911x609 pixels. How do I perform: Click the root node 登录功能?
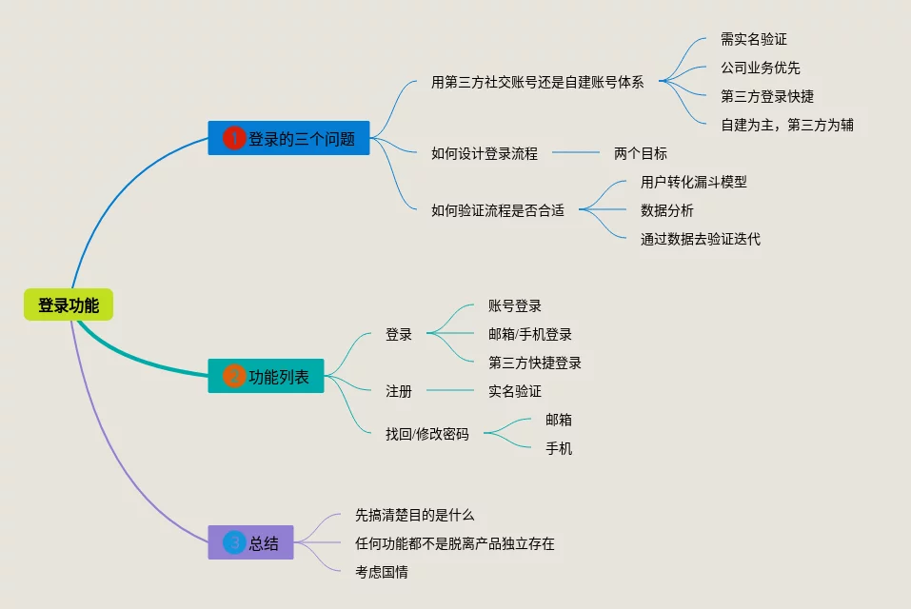pos(69,305)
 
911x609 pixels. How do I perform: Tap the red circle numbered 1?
pos(234,139)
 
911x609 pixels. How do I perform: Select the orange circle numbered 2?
pos(234,377)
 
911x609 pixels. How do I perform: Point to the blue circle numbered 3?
pos(234,543)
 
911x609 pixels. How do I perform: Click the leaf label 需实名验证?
pos(754,40)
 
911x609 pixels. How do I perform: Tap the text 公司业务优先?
pos(761,68)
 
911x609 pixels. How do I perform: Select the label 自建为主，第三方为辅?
pos(787,125)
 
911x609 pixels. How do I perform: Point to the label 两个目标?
pos(641,153)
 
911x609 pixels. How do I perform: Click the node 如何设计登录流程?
pos(485,153)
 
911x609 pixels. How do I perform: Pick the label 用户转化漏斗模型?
pos(694,182)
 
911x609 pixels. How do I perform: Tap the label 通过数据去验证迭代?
pos(701,239)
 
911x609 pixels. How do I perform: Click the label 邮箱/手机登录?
pos(530,334)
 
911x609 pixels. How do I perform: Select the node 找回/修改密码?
pos(427,434)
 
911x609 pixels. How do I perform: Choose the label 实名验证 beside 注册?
pos(515,391)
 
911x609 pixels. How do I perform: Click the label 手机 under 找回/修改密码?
pos(559,448)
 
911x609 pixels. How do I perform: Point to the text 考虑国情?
pos(382,572)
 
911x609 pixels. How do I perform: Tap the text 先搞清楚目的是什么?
pos(414,515)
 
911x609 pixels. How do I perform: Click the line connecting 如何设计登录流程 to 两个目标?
pos(576,152)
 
